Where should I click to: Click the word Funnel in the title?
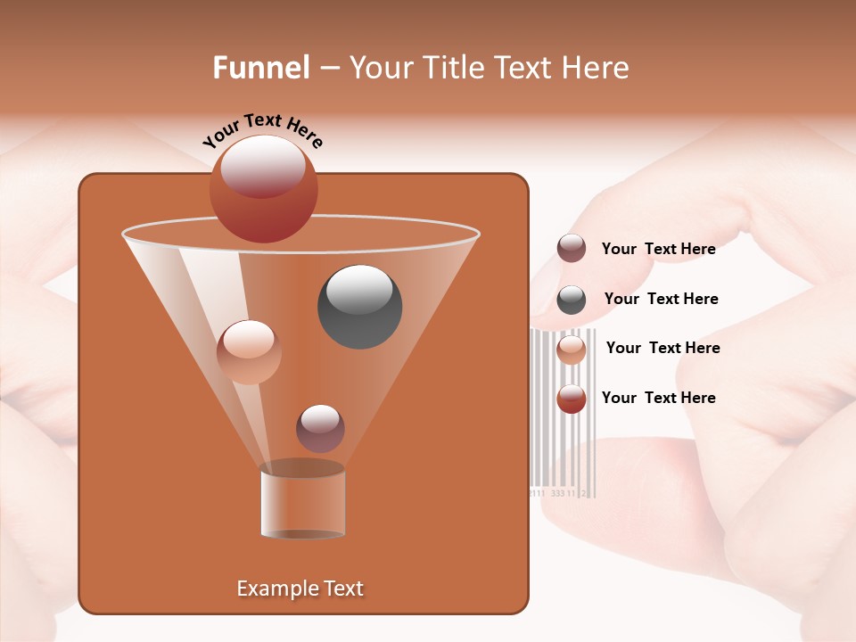point(260,68)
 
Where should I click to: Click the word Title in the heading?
point(454,68)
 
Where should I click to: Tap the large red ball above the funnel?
point(263,188)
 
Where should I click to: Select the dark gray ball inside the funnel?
point(359,307)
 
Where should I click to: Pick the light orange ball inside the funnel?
point(249,351)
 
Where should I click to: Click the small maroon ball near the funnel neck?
point(320,428)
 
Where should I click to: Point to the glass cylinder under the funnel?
point(302,502)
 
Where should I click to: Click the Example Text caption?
point(300,588)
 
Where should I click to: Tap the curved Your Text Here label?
point(262,130)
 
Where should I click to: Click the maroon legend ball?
point(571,249)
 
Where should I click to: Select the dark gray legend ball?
point(571,299)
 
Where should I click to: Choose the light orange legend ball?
point(571,349)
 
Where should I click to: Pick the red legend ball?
point(571,399)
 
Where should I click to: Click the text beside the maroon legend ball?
point(658,249)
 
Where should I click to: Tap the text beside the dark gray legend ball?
point(661,299)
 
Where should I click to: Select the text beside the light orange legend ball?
point(663,348)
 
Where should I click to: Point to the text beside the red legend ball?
point(658,398)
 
